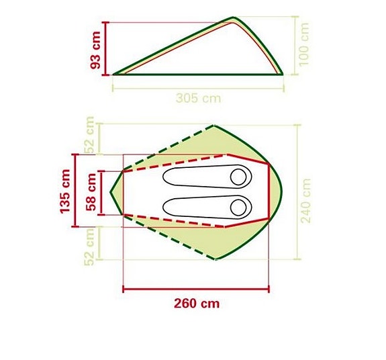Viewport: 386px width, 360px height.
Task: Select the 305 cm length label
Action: pos(198,98)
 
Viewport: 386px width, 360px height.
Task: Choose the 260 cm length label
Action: pos(196,303)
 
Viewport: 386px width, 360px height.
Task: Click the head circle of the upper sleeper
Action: pos(238,177)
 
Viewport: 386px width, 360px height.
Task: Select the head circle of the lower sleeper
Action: pos(238,206)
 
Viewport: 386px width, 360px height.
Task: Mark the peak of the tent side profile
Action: pos(234,18)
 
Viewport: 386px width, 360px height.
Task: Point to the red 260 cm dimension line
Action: pos(196,290)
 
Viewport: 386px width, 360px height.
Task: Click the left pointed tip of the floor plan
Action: pos(111,191)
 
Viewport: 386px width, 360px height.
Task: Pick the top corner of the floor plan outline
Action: pos(214,125)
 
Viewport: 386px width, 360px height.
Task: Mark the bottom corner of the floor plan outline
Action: pos(215,261)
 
